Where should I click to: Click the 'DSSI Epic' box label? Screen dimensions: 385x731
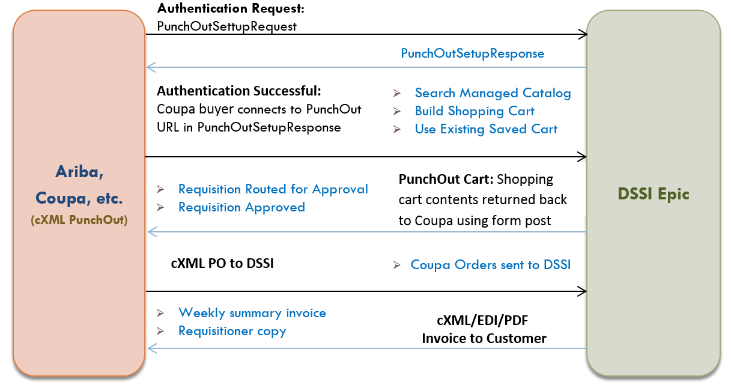point(654,194)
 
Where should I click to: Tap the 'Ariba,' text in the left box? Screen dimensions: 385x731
point(79,172)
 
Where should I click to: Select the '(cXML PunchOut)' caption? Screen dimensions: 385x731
point(79,220)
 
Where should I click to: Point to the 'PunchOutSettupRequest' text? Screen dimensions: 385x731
point(226,26)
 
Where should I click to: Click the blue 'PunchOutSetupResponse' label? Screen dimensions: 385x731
point(472,53)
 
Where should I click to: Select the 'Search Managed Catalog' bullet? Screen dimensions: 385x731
point(493,93)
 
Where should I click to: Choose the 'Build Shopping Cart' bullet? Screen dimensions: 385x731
point(475,111)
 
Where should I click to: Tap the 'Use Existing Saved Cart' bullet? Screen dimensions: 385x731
point(486,129)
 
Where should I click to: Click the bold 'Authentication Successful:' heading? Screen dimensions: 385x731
point(239,91)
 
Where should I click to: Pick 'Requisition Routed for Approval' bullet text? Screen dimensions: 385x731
point(273,189)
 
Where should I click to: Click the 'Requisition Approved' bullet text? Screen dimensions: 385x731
point(241,207)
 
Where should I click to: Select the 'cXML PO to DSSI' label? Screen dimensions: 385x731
point(222,263)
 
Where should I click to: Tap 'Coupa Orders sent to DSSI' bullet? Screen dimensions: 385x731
point(490,265)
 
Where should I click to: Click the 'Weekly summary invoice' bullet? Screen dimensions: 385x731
point(252,313)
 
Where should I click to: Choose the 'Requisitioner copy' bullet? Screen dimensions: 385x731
point(232,331)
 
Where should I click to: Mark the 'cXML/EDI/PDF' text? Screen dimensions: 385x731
point(484,321)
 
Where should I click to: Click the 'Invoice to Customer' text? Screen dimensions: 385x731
point(484,338)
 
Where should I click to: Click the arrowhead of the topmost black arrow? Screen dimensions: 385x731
point(583,34)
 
